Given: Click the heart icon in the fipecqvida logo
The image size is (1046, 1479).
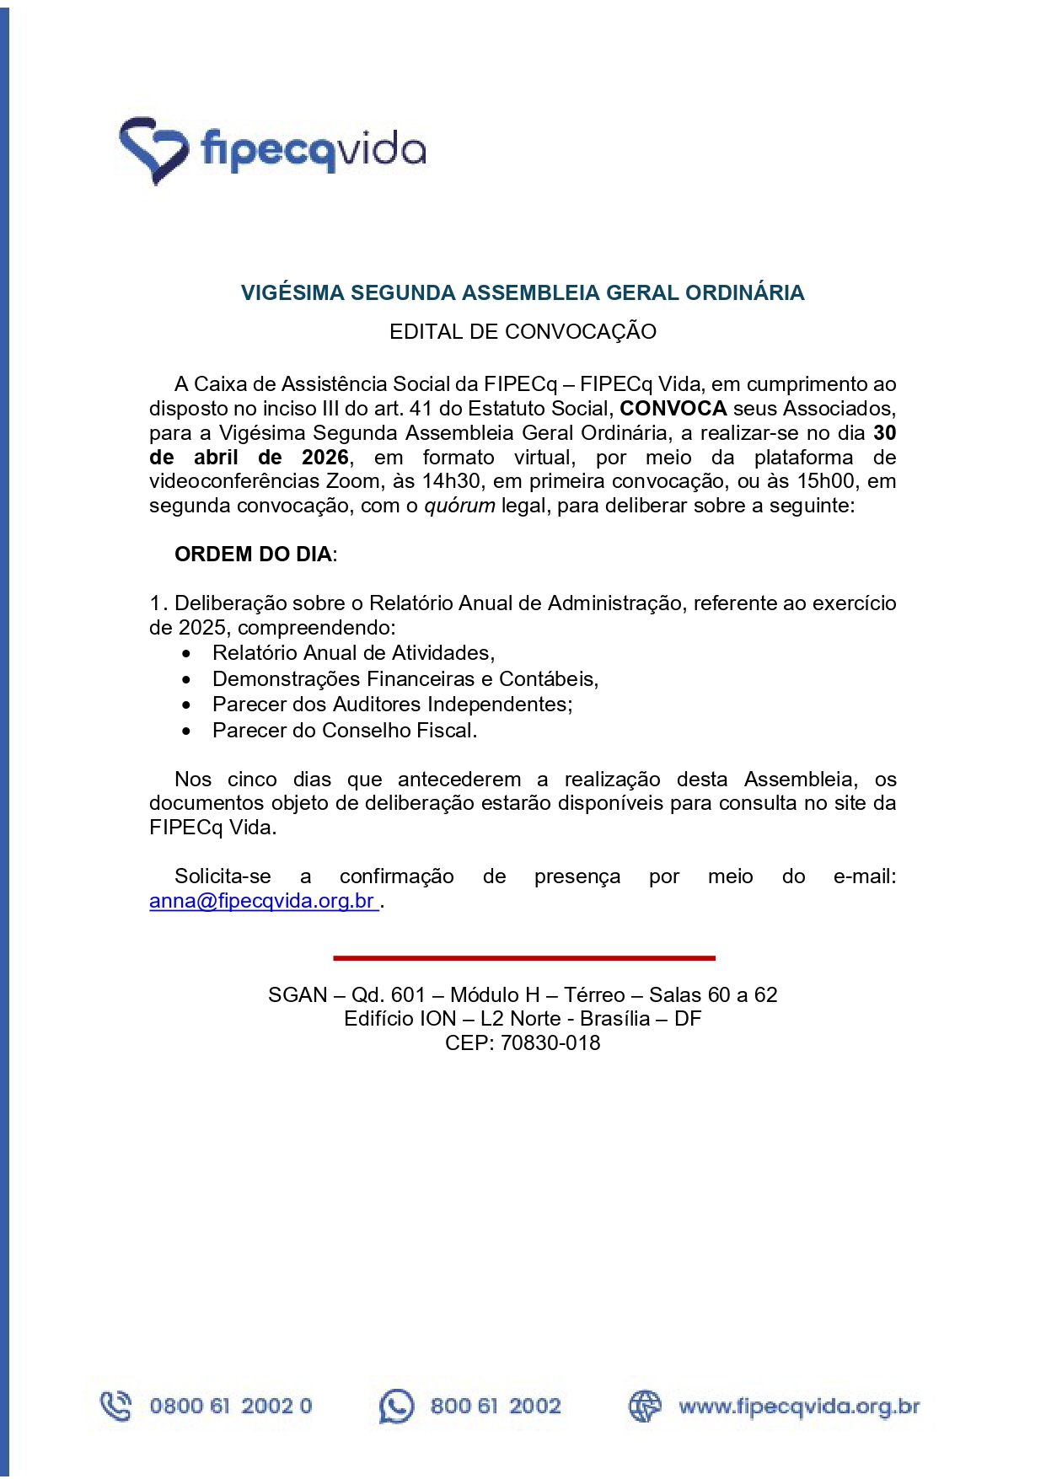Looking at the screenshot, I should click(x=153, y=150).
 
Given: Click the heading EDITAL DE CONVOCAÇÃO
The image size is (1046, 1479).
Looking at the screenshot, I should click(x=523, y=331).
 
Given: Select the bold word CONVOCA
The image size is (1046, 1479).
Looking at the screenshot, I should click(x=673, y=409).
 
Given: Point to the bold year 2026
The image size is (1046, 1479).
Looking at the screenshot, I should click(x=325, y=458).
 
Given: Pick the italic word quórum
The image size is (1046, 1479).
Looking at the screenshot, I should click(x=459, y=506).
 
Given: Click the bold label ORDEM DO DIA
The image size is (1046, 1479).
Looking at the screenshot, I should click(x=253, y=555).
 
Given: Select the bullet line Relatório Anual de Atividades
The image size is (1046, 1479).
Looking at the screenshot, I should click(x=353, y=653).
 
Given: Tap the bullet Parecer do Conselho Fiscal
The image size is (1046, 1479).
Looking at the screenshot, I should click(x=344, y=731).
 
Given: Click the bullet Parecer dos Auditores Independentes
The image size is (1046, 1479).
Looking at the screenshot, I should click(x=392, y=705).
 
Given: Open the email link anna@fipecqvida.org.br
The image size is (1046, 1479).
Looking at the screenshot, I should click(x=262, y=901).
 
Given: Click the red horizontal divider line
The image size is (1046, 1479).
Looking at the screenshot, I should click(x=523, y=958).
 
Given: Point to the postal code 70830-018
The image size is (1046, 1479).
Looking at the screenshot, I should click(x=550, y=1043).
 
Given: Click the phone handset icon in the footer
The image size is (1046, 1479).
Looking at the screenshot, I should click(x=115, y=1406).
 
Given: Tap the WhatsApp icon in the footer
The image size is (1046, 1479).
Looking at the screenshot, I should click(x=396, y=1406).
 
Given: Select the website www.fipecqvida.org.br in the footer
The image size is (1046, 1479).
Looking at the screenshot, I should click(x=798, y=1407).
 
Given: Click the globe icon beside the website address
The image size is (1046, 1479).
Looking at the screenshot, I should click(x=645, y=1406).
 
